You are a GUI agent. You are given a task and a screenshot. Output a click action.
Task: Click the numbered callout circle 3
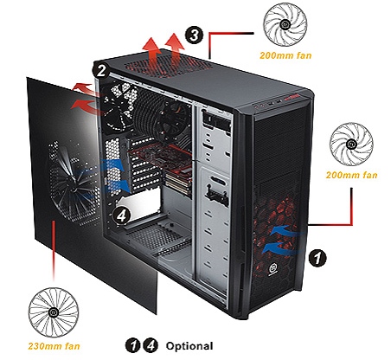point(195,35)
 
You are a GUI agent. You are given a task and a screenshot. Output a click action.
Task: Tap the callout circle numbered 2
point(101,71)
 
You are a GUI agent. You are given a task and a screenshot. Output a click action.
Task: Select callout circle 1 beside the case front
point(317,258)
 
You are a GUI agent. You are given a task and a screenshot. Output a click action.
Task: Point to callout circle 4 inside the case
point(122,215)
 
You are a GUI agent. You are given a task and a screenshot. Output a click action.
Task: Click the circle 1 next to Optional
point(133,345)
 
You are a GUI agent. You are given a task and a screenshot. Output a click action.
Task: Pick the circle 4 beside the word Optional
point(151,345)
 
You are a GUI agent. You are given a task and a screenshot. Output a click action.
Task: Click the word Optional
point(189,346)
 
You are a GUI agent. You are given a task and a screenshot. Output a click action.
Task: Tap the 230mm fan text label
point(54,346)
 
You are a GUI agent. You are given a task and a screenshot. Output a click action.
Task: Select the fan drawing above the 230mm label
point(54,312)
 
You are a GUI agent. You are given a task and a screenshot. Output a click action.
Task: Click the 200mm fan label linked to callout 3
point(285,55)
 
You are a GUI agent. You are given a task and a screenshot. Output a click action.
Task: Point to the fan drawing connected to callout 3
point(285,24)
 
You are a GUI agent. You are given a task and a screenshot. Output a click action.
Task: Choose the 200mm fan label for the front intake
point(351,175)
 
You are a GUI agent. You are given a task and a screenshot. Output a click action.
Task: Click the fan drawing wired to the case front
point(351,144)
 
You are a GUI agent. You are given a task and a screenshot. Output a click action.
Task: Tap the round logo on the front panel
point(272,269)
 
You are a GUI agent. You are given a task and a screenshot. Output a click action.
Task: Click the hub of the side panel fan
point(73,187)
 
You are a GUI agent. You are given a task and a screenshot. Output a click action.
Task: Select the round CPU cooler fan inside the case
point(173,121)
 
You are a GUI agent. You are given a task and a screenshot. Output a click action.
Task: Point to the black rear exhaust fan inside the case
point(119,106)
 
